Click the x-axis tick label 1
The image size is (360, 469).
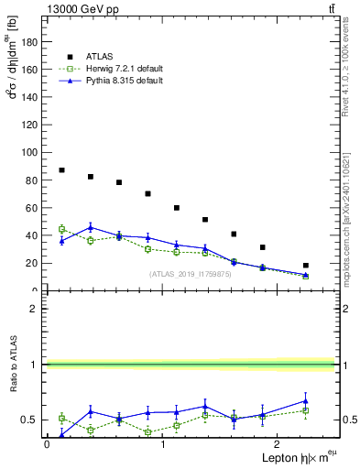click(x=163, y=444)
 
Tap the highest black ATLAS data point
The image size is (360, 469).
click(x=61, y=170)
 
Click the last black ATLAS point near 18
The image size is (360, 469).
click(x=306, y=266)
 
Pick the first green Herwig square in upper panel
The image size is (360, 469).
click(x=61, y=229)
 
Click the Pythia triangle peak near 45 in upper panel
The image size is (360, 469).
click(x=91, y=227)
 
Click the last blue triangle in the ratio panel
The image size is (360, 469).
click(x=306, y=400)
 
